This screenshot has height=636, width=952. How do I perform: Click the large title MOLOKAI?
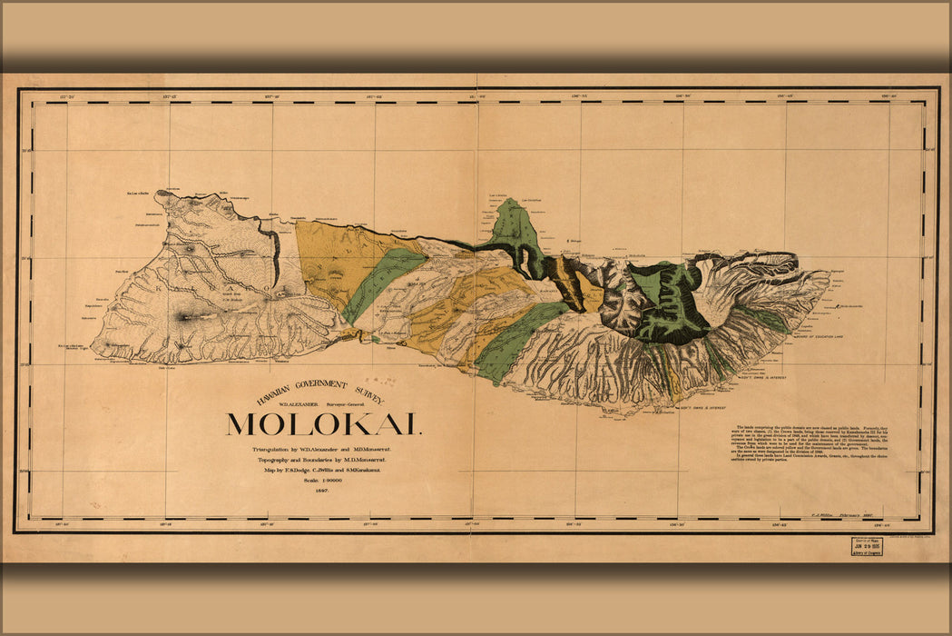pyautogui.click(x=323, y=424)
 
